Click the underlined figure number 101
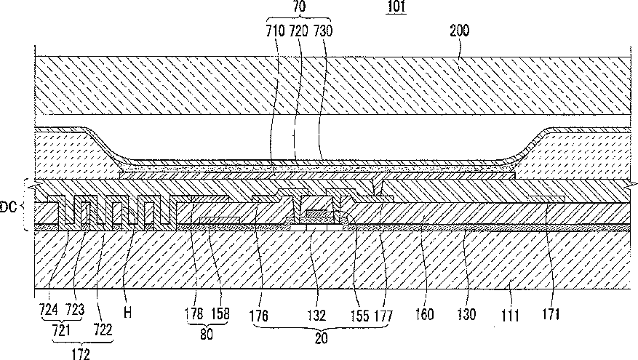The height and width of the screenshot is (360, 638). pyautogui.click(x=396, y=7)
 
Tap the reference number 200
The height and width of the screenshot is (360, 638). pyautogui.click(x=459, y=31)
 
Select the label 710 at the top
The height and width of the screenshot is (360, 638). pyautogui.click(x=276, y=31)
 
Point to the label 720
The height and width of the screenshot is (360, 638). pyautogui.click(x=298, y=31)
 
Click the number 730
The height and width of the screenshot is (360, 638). pyautogui.click(x=323, y=31)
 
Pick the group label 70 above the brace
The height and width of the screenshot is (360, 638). pyautogui.click(x=300, y=7)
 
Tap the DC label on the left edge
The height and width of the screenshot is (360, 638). pyautogui.click(x=8, y=207)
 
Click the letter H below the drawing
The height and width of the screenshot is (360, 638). pyautogui.click(x=128, y=313)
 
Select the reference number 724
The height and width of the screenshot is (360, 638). pyautogui.click(x=49, y=311)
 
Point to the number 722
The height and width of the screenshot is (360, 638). pyautogui.click(x=103, y=329)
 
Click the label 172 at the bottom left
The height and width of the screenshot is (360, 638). pyautogui.click(x=81, y=354)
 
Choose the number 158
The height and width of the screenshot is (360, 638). pyautogui.click(x=220, y=313)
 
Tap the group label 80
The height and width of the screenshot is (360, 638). pyautogui.click(x=207, y=334)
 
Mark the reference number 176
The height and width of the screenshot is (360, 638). pyautogui.click(x=259, y=315)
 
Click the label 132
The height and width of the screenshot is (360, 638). pyautogui.click(x=316, y=315)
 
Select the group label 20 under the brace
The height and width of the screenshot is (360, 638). pyautogui.click(x=322, y=338)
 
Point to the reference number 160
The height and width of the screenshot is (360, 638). pyautogui.click(x=424, y=314)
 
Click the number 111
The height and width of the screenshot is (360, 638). pyautogui.click(x=510, y=315)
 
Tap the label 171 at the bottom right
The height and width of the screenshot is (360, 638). pyautogui.click(x=551, y=314)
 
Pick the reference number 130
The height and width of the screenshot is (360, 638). pyautogui.click(x=466, y=314)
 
